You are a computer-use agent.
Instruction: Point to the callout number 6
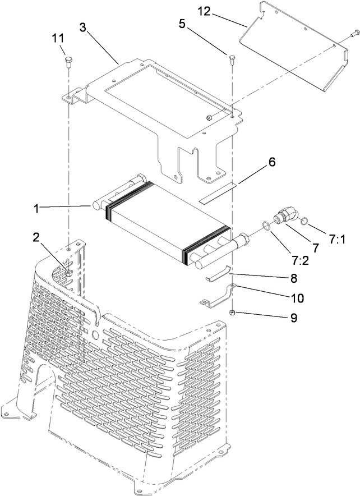(271, 162)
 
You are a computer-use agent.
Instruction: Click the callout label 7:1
(337, 240)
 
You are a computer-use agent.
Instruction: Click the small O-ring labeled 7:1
(303, 221)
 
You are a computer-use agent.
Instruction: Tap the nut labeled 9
(232, 313)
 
